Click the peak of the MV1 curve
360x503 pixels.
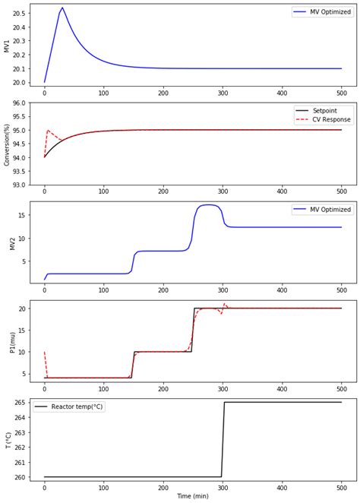(62, 8)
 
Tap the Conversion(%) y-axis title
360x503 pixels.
(8, 144)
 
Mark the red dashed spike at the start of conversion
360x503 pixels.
(48, 131)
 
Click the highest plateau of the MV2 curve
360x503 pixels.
(208, 205)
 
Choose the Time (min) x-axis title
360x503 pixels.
(193, 496)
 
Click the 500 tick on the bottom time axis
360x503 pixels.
(341, 486)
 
